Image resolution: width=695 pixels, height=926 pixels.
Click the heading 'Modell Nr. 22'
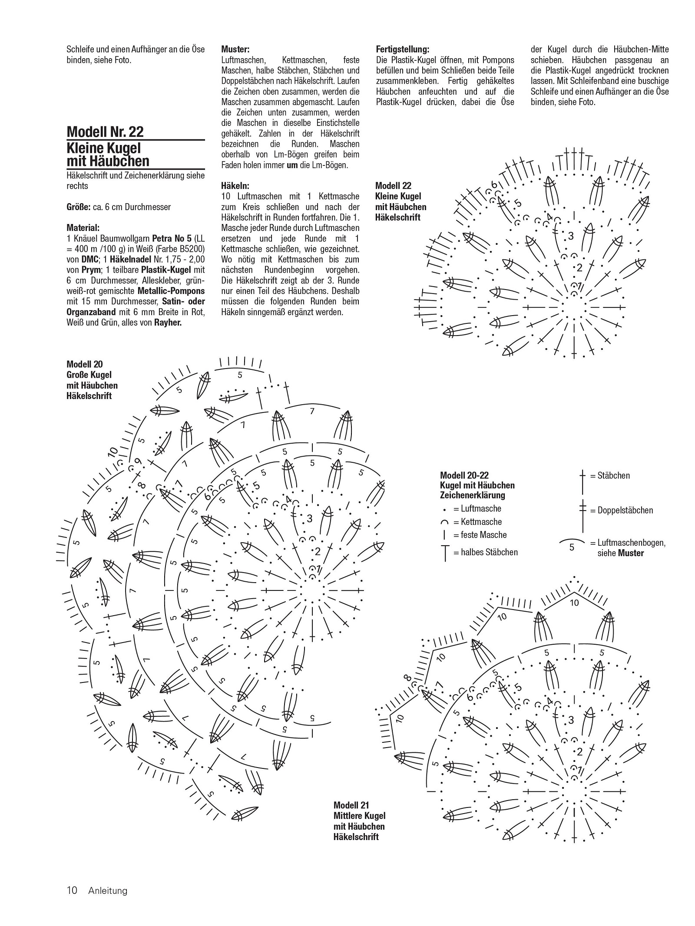click(x=105, y=132)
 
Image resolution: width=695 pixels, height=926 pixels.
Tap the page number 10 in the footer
click(x=72, y=891)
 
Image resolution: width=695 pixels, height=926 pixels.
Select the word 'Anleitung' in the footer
click(x=108, y=891)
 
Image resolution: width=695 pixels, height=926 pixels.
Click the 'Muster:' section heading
click(x=235, y=49)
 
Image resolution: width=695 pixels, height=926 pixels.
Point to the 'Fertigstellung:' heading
click(x=402, y=49)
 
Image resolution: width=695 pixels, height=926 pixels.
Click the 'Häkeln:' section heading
click(x=235, y=186)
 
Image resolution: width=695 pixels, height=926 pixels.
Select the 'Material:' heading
click(x=83, y=227)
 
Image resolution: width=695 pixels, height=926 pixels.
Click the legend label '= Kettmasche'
click(x=477, y=522)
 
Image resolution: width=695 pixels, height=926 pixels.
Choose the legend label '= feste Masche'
click(x=480, y=535)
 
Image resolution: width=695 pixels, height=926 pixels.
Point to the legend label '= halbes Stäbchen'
click(x=485, y=552)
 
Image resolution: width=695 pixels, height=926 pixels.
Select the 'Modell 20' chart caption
click(x=84, y=364)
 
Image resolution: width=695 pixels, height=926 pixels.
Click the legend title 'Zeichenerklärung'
click(x=472, y=495)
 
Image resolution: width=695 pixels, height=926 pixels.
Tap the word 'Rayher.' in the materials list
click(x=168, y=323)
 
